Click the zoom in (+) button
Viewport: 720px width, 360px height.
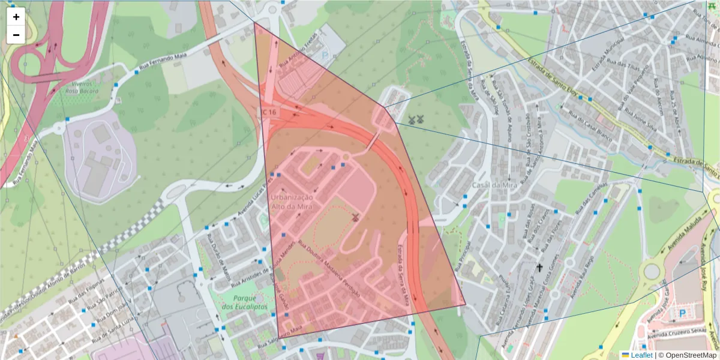(x=16, y=17)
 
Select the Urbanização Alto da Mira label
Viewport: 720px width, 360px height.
(x=292, y=202)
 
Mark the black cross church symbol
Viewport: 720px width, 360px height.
(x=539, y=268)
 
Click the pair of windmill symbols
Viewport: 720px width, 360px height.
(x=416, y=120)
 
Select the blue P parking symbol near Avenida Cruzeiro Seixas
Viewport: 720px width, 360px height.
(x=682, y=313)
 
